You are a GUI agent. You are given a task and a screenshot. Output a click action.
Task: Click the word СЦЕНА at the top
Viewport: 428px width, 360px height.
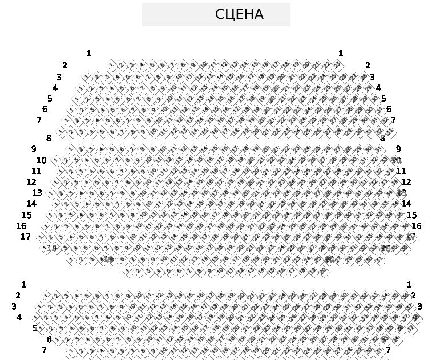[239, 14]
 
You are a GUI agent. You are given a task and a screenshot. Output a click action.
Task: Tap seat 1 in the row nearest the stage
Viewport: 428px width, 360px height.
[111, 64]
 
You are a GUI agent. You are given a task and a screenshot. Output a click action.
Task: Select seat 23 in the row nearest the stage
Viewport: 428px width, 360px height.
[337, 64]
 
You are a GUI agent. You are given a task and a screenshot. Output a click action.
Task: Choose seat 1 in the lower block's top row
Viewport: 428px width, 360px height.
[46, 296]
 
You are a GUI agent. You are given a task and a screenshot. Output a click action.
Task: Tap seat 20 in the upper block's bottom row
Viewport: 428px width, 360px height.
[322, 271]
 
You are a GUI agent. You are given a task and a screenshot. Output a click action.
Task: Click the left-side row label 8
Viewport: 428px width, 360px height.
[49, 138]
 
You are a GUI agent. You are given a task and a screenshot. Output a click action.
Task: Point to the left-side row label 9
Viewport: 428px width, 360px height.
[34, 149]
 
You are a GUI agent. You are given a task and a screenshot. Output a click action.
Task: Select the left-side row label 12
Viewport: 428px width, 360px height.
[31, 182]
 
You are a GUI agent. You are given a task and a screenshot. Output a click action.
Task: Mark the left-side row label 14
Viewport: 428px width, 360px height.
[31, 204]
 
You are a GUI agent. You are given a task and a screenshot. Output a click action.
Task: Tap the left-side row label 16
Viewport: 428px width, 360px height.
[21, 226]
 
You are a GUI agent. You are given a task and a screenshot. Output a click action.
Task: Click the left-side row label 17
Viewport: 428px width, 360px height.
[26, 237]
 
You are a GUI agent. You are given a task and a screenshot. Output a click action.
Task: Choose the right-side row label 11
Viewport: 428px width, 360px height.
[401, 171]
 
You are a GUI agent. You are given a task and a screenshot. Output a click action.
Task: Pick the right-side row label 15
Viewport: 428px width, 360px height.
[411, 215]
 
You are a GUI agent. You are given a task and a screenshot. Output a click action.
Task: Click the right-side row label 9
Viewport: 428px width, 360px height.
[398, 149]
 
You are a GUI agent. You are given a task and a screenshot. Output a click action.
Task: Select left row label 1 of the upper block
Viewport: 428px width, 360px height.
[89, 54]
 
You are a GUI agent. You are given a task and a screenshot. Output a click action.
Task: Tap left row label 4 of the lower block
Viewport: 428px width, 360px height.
[19, 317]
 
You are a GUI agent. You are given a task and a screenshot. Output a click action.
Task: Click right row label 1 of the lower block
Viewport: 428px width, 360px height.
[409, 285]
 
